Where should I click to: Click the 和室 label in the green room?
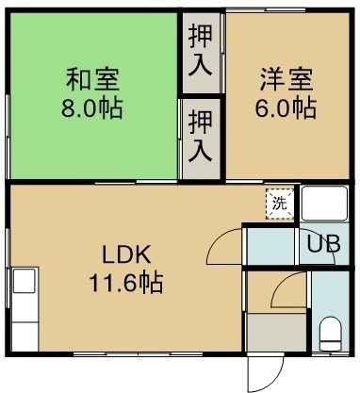point(92,80)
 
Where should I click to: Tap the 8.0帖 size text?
point(91,108)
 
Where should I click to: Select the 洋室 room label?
point(286,80)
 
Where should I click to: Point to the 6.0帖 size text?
point(286,108)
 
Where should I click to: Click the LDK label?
point(126,254)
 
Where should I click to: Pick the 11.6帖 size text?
point(126,283)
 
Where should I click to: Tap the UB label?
point(323,244)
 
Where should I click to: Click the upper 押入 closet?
point(201,53)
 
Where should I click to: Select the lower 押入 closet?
point(201,139)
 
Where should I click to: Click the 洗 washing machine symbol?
point(280,204)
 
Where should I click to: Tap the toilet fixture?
point(330,334)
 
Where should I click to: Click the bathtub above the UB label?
point(324,204)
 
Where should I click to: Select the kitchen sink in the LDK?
point(25,280)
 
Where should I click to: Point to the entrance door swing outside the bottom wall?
point(266,372)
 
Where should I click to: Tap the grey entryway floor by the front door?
point(276,333)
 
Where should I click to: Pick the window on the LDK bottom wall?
point(139,354)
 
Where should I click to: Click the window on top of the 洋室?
point(266,10)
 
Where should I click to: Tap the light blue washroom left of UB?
point(271,246)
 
